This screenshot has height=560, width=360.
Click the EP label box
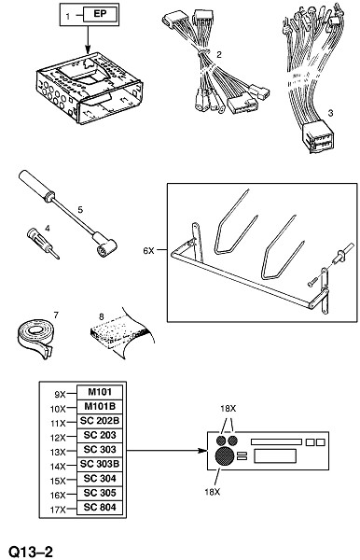click(100, 14)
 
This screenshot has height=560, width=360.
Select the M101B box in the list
click(100, 406)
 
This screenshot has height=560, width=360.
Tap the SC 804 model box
click(100, 507)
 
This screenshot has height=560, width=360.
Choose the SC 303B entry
click(100, 464)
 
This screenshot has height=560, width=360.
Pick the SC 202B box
click(100, 421)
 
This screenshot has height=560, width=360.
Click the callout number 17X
click(58, 510)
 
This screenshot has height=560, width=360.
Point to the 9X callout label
click(60, 395)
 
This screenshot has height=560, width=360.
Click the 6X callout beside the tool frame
click(148, 251)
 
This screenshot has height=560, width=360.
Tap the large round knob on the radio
click(225, 455)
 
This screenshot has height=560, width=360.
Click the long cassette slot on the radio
click(276, 441)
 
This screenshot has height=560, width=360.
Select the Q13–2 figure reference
click(31, 552)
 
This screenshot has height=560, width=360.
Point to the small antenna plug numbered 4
click(43, 244)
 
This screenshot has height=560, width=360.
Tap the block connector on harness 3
click(318, 137)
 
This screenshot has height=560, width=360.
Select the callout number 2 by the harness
click(219, 54)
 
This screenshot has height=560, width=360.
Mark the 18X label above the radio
click(228, 409)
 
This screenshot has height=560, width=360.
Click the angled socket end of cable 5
click(104, 245)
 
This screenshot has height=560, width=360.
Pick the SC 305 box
click(100, 493)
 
